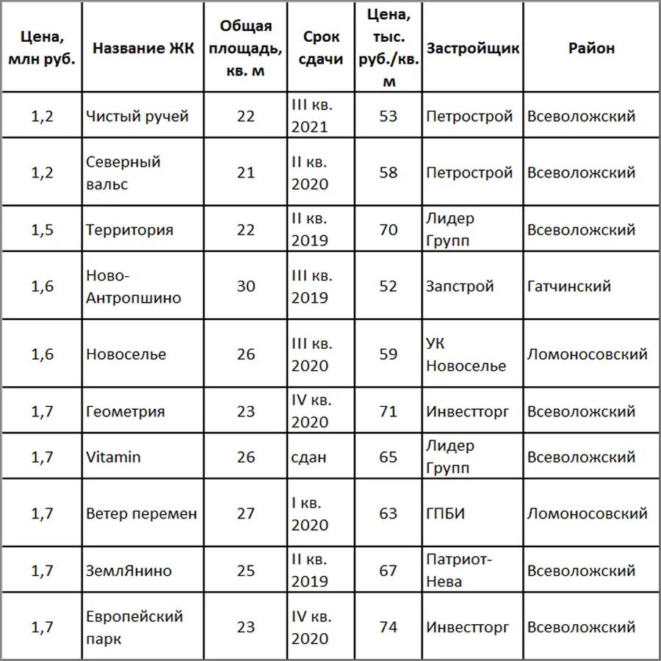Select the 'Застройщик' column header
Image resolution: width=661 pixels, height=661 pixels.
pos(473,48)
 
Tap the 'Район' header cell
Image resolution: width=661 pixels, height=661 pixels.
pos(591,48)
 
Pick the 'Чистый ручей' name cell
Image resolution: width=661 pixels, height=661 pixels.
pos(137,116)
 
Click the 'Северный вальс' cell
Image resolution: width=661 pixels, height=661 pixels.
pos(123,173)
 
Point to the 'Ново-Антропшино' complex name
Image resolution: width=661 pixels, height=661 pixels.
pos(133,286)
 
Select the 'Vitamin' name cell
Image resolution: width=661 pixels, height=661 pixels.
pos(113,457)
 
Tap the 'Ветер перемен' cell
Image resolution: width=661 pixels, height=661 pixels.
pos(142,513)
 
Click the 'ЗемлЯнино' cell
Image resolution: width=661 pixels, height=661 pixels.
pos(129,571)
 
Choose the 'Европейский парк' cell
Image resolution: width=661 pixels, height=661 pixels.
pos(134,627)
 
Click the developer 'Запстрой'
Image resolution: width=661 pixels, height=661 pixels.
pos(460,286)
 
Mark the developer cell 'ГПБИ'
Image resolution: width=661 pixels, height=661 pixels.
pos(445,513)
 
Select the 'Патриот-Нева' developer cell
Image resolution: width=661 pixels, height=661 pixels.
pos(459,571)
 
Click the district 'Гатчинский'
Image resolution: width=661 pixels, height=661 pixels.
pos(568,286)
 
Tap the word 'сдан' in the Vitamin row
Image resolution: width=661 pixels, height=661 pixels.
pos(308,457)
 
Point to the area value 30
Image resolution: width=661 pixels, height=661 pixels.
pos(245,286)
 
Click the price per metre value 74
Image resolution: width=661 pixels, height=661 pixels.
pos(388,627)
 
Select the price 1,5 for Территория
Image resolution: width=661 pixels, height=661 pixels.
pos(43,230)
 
